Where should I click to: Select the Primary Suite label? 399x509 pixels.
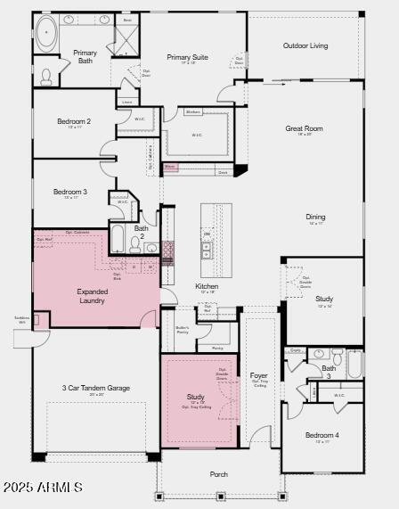click(187, 58)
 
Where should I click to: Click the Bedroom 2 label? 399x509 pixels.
click(74, 121)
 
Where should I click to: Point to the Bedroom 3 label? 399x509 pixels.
click(70, 192)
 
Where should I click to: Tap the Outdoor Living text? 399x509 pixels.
click(305, 45)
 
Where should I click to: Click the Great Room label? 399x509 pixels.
click(304, 128)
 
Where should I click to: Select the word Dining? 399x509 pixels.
click(315, 217)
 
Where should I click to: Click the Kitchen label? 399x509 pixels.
click(207, 286)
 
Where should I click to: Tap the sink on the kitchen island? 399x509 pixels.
click(207, 249)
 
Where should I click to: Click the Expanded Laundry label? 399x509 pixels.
click(92, 296)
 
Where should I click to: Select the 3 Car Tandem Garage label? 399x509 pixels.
click(95, 388)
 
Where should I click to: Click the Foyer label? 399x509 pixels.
click(258, 376)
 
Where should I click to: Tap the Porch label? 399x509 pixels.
click(219, 474)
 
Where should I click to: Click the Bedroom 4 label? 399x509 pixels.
click(322, 435)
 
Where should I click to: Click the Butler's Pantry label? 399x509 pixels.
click(182, 329)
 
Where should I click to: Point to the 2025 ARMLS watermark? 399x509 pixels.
click(42, 487)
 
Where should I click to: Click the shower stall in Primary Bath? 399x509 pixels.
click(128, 37)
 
